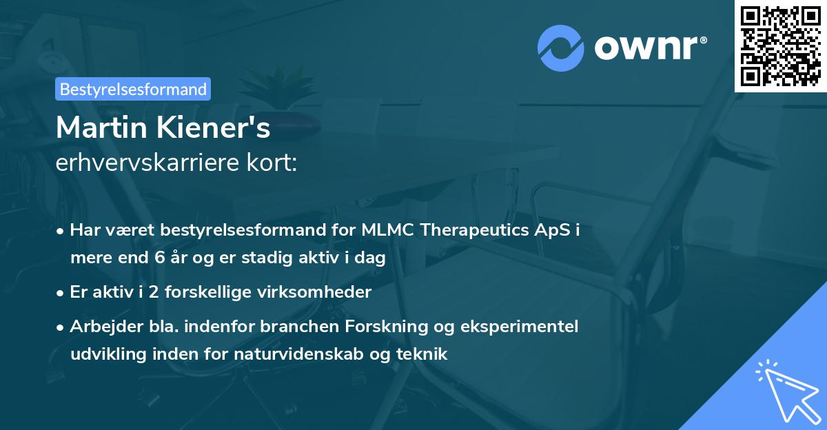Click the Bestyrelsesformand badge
tap(133, 89)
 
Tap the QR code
tap(780, 45)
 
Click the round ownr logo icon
tap(560, 48)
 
